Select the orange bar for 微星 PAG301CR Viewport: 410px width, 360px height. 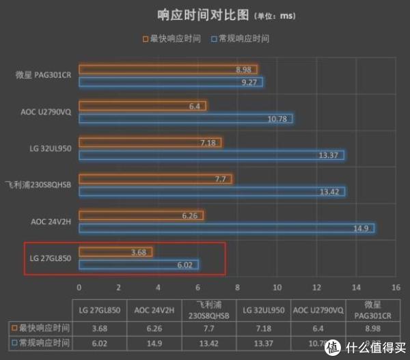coord(167,70)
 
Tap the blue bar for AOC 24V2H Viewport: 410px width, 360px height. coord(226,227)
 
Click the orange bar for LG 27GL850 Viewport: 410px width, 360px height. coord(115,252)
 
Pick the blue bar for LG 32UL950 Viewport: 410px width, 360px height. coord(211,155)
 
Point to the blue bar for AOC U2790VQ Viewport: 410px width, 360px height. coord(185,119)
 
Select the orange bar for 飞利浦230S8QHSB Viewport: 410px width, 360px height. coord(155,179)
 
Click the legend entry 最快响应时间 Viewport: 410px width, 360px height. coord(172,39)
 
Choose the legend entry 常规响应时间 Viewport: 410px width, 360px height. coord(243,39)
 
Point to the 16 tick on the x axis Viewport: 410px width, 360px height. coord(395,287)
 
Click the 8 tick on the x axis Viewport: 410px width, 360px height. coord(237,287)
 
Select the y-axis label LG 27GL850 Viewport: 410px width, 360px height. coord(51,258)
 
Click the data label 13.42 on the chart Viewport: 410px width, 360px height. coord(329,192)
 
